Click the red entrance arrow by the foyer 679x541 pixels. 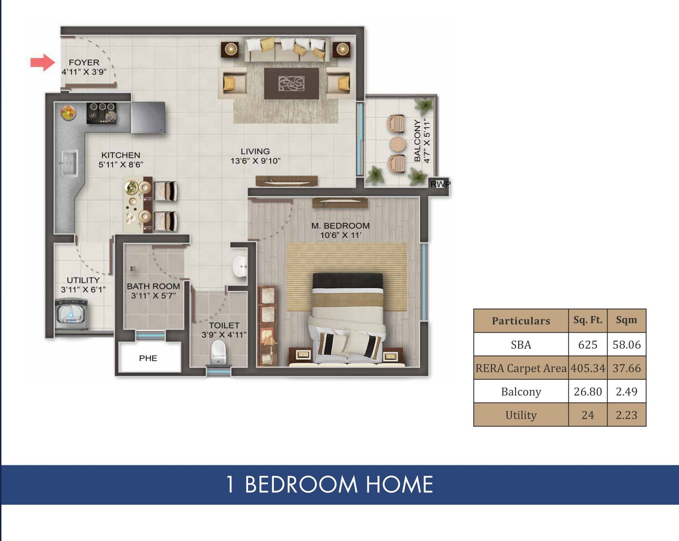click(42, 62)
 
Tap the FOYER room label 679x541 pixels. click(84, 62)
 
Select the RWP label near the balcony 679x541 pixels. click(440, 184)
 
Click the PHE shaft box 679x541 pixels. click(149, 358)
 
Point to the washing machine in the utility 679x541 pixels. click(72, 315)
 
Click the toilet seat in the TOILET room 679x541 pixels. click(218, 352)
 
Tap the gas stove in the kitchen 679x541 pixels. click(101, 113)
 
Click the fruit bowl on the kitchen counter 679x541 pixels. click(68, 112)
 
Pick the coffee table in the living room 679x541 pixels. click(291, 83)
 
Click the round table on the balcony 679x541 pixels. click(398, 144)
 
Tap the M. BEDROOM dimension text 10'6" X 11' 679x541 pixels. click(340, 235)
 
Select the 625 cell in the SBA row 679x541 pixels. click(587, 345)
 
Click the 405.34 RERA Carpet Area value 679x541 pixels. click(587, 368)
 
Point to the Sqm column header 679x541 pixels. click(626, 320)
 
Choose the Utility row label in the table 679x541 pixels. click(521, 415)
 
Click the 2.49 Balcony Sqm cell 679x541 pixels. click(626, 391)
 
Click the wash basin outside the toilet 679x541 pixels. click(240, 266)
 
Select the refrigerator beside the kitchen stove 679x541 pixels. click(148, 117)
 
